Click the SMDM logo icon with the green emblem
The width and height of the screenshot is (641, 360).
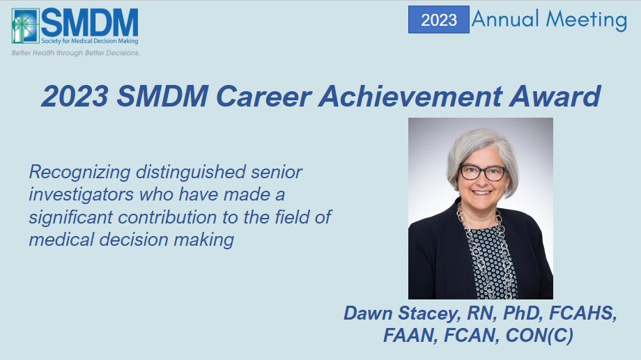coord(24,26)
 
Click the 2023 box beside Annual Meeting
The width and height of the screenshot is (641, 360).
coord(439,19)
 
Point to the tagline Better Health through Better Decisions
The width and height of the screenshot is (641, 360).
coord(75,53)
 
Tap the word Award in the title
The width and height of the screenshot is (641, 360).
coord(561,96)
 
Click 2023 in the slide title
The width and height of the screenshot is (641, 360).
coord(75,96)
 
